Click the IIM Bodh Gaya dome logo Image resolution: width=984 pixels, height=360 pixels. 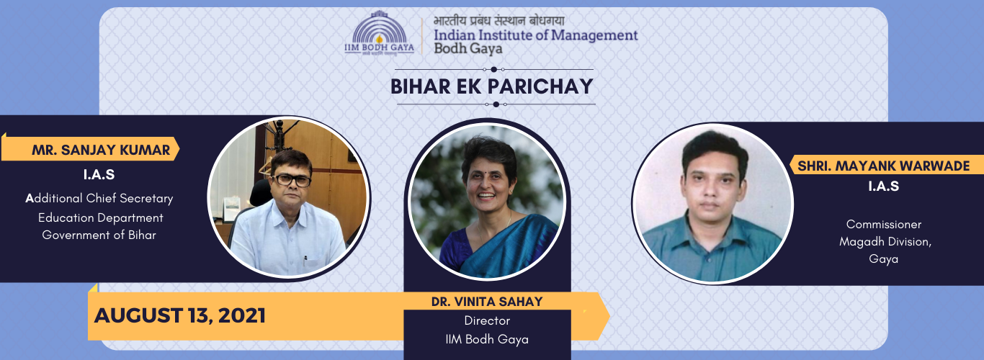379,33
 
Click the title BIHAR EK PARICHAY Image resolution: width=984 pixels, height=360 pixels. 492,86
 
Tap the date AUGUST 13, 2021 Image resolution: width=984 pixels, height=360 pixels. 179,315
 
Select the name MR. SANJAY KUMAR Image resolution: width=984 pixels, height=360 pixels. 101,150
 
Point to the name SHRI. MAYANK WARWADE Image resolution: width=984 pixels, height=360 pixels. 883,166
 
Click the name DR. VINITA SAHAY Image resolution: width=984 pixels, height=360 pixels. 487,302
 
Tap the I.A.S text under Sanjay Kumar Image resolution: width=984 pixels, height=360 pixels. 99,175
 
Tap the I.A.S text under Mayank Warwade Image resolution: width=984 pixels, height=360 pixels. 883,186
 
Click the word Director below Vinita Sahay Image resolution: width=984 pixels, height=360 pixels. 487,321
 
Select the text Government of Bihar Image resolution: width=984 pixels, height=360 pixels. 99,235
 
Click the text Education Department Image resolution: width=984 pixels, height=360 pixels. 101,217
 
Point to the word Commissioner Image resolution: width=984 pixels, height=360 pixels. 883,225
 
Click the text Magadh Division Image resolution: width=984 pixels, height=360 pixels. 885,242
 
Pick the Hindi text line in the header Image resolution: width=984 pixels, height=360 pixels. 499,21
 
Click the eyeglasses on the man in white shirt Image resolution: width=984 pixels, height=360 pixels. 291,180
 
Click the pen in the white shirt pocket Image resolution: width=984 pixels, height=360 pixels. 305,261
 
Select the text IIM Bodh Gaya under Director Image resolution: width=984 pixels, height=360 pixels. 487,339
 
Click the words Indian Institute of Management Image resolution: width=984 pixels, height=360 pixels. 535,35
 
